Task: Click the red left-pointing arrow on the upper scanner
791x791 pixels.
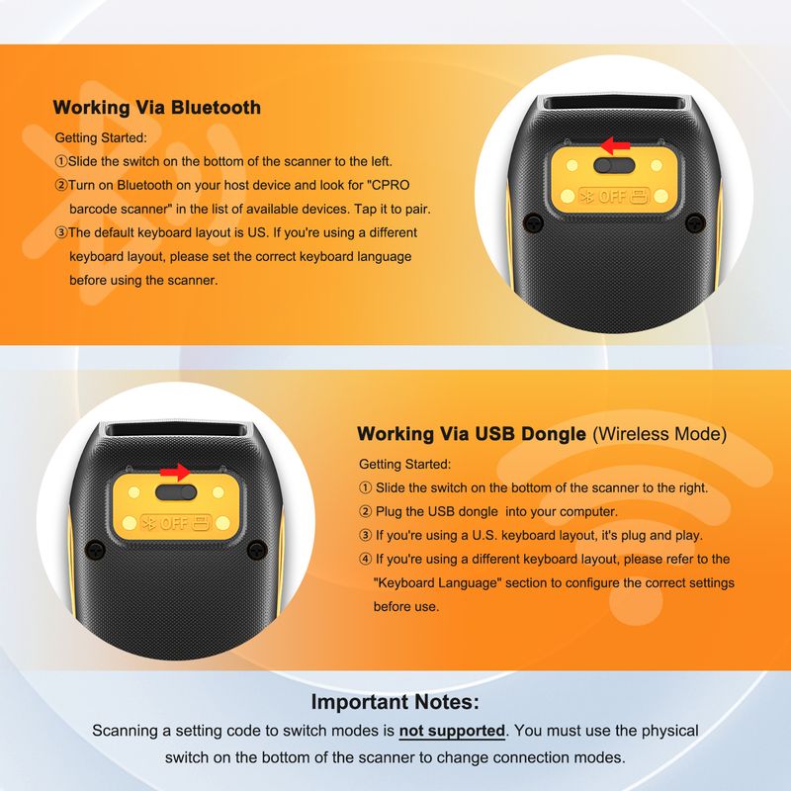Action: point(615,145)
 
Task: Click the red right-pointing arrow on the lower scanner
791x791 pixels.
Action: point(175,473)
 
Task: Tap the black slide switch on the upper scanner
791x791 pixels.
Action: point(614,165)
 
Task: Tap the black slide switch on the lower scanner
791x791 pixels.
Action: point(176,491)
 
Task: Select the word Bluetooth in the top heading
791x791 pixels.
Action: point(216,108)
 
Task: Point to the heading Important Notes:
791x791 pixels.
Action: point(395,702)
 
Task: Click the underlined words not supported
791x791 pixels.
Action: point(452,731)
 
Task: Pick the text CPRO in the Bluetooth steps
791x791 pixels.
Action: point(391,185)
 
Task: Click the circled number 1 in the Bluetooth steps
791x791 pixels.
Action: point(61,161)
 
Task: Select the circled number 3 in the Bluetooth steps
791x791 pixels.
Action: point(61,232)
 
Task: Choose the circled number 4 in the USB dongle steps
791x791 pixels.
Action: point(365,559)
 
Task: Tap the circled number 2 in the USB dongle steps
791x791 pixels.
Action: point(365,511)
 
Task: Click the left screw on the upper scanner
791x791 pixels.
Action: point(533,221)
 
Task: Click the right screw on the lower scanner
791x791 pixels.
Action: point(257,549)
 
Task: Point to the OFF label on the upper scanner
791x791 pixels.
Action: point(612,196)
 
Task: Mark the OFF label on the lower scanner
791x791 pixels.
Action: point(174,523)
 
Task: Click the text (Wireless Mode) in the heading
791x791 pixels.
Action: point(659,434)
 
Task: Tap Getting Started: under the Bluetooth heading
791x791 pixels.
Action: point(101,137)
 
